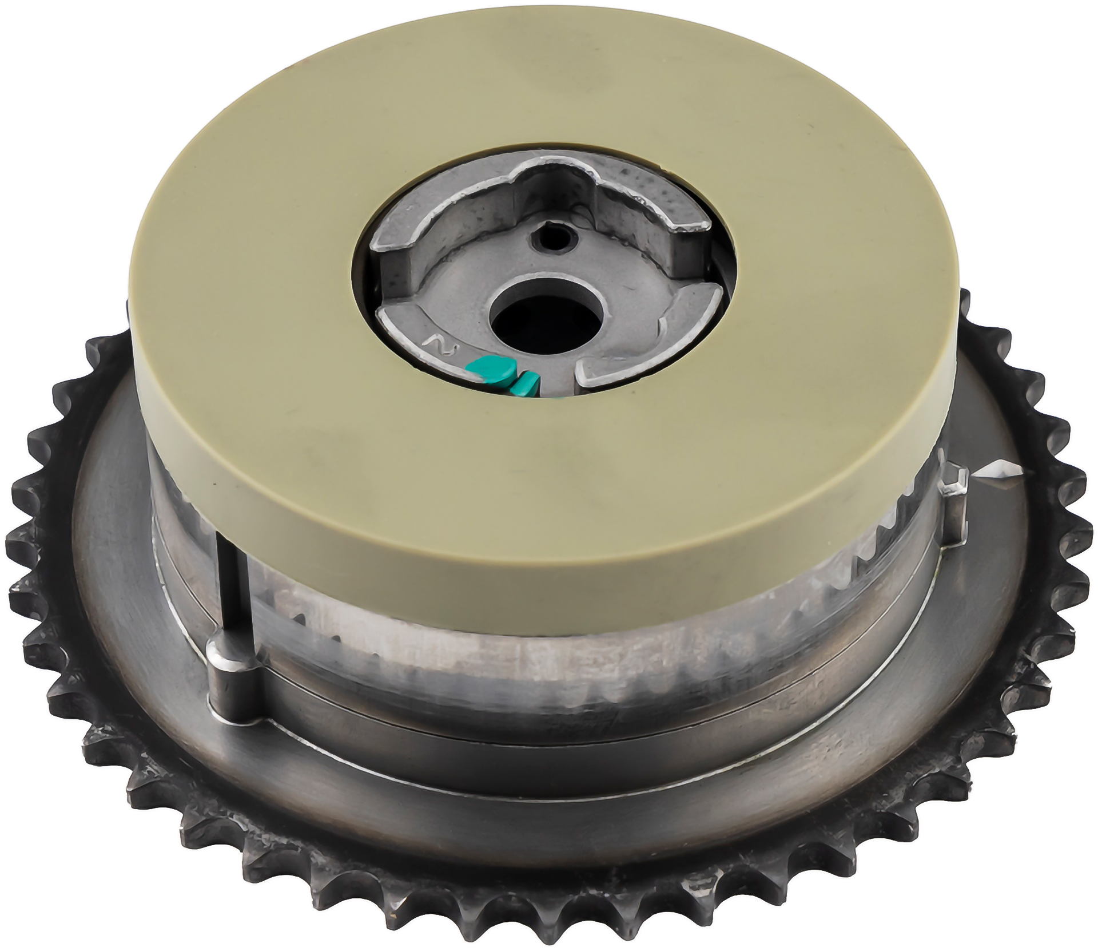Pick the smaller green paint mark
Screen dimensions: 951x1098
point(526,385)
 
